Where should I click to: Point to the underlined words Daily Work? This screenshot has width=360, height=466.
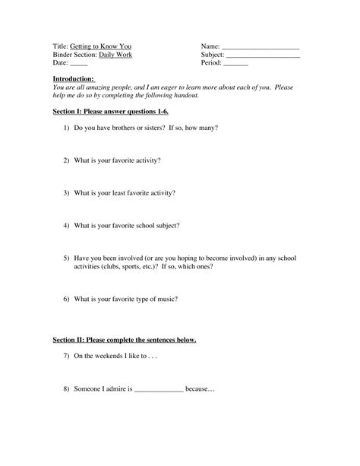[114, 55]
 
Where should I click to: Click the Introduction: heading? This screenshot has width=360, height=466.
[74, 79]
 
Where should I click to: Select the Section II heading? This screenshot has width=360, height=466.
[125, 340]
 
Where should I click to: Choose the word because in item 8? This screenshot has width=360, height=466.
[201, 389]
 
